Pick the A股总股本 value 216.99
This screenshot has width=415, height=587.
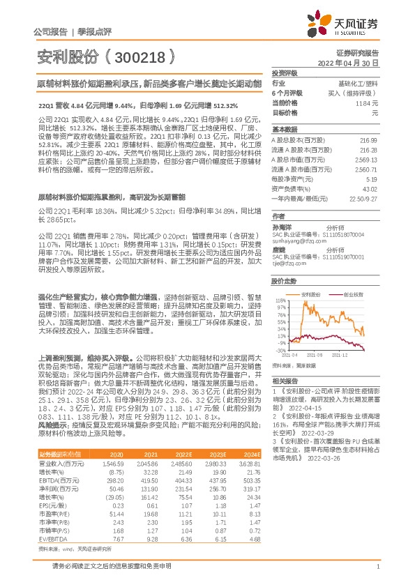click(369, 140)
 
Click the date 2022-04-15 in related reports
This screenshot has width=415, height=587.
click(301, 416)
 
